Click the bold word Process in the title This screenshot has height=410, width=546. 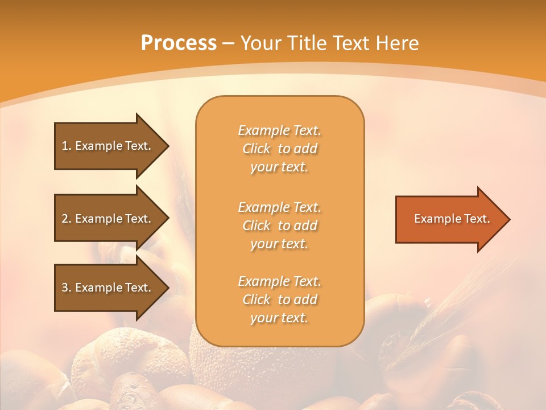pos(179,43)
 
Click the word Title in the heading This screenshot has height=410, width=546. pos(308,43)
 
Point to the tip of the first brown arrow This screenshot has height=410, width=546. pos(168,146)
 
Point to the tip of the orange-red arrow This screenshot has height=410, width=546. pos(509,219)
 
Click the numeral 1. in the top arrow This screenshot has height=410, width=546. pos(66,146)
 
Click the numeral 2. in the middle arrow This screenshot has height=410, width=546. pos(66,219)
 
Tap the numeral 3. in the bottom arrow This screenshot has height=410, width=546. pos(66,288)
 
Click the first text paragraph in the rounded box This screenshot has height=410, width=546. pos(279,149)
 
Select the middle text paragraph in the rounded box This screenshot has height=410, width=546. pos(279,225)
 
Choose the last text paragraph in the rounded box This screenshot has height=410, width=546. pos(279,300)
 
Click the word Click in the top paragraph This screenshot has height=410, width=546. pos(257,149)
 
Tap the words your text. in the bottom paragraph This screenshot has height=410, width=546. pos(279,318)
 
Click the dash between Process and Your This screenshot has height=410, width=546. pos(229,43)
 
